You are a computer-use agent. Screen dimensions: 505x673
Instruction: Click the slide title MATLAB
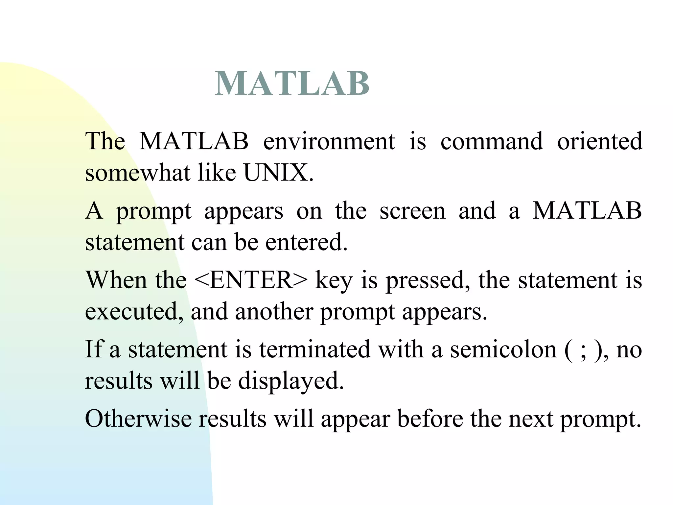[292, 84]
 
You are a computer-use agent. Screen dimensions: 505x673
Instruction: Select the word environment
[329, 141]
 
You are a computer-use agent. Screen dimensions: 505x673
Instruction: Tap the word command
[491, 141]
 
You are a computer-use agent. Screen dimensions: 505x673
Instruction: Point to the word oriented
[599, 141]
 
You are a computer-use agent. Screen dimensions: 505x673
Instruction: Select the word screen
[412, 211]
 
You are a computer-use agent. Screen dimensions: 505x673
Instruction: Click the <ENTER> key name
[251, 280]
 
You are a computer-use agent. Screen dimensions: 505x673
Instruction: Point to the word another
[274, 312]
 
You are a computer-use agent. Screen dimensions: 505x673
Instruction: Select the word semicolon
[503, 349]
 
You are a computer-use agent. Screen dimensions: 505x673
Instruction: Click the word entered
[306, 242]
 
